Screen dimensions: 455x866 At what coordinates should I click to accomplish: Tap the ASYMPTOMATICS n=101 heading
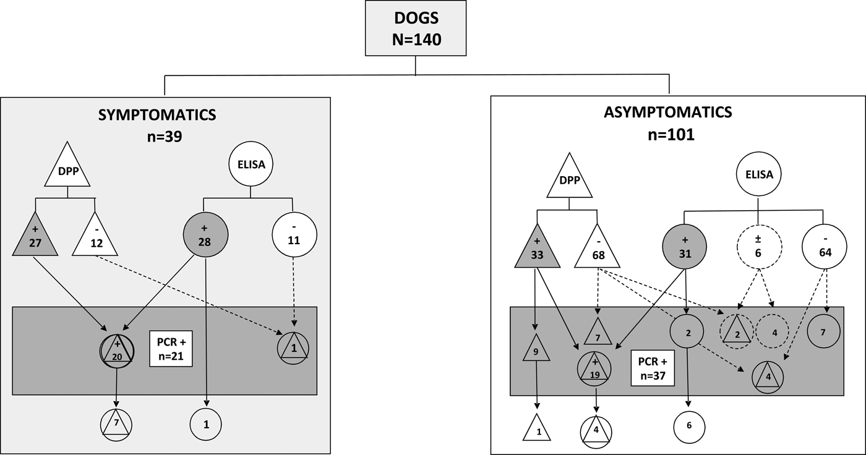click(x=667, y=122)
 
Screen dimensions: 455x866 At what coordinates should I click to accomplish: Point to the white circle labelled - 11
click(x=294, y=236)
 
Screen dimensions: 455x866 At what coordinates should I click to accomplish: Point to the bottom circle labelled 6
click(x=688, y=426)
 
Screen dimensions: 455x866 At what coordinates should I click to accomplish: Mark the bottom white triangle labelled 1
click(x=538, y=428)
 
